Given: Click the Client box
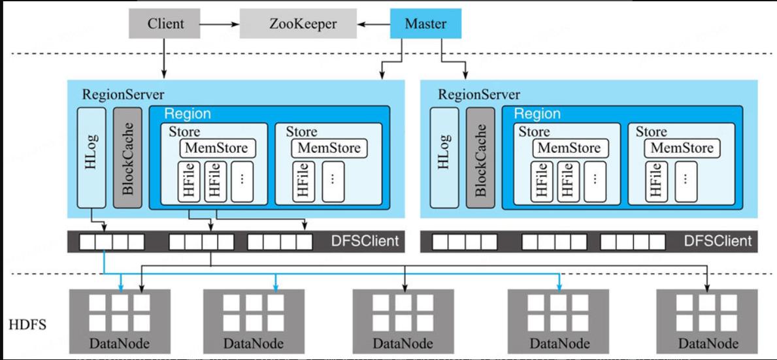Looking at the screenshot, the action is pos(165,24).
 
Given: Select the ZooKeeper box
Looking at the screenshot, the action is pos(298,24).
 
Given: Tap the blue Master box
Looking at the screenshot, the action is pos(425,24).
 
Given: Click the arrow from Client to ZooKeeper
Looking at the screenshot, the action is pos(220,24).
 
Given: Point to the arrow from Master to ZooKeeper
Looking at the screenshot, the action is pos(374,24).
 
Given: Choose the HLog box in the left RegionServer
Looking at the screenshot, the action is pos(91,157).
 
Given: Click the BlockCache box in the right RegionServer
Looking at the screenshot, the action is pos(480,157).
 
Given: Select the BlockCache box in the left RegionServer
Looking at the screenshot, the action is pos(127,157).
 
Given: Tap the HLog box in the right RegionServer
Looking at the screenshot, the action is pos(444,157).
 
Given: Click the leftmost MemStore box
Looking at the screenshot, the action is pos(218,148).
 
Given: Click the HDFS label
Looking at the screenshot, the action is pos(27,325).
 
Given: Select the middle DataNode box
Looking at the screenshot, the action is pos(403,320).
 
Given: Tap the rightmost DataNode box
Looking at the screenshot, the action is pos(708,320).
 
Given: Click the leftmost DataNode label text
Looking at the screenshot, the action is pos(120,343).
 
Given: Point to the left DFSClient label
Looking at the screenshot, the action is pos(365,242).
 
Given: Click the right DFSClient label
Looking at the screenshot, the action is pos(718,242).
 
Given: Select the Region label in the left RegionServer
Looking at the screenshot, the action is pos(188,114).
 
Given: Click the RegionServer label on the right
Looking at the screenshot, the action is pos(479,94).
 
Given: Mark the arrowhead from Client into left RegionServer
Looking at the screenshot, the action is pos(164,74).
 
